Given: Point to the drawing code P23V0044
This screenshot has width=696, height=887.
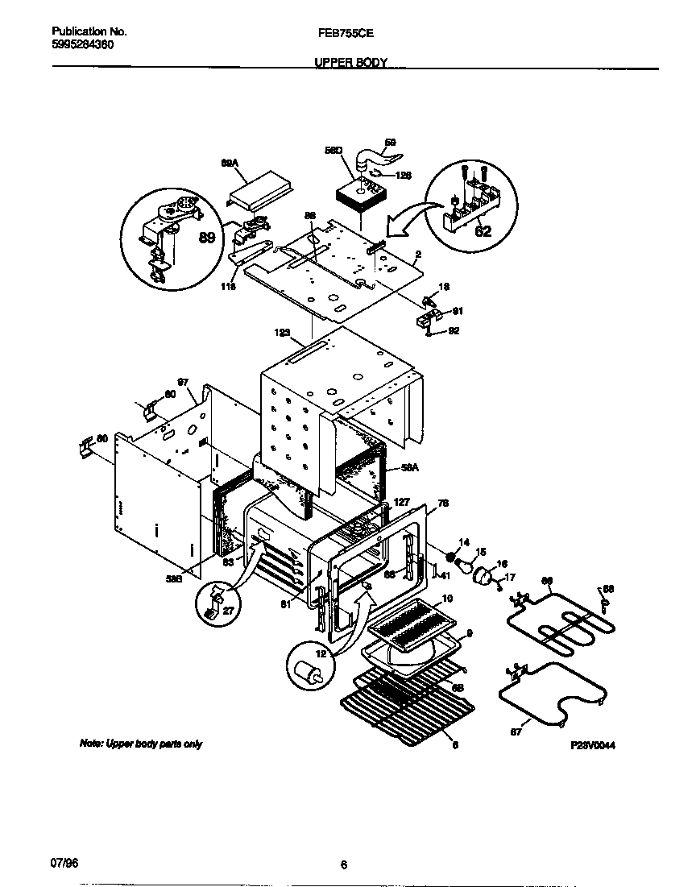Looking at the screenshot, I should tap(593, 746).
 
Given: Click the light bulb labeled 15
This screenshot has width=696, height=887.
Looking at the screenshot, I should tap(466, 565).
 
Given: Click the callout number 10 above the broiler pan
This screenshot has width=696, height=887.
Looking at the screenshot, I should tap(446, 598).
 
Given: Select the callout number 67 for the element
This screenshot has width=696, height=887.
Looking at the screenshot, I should tap(516, 732).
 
